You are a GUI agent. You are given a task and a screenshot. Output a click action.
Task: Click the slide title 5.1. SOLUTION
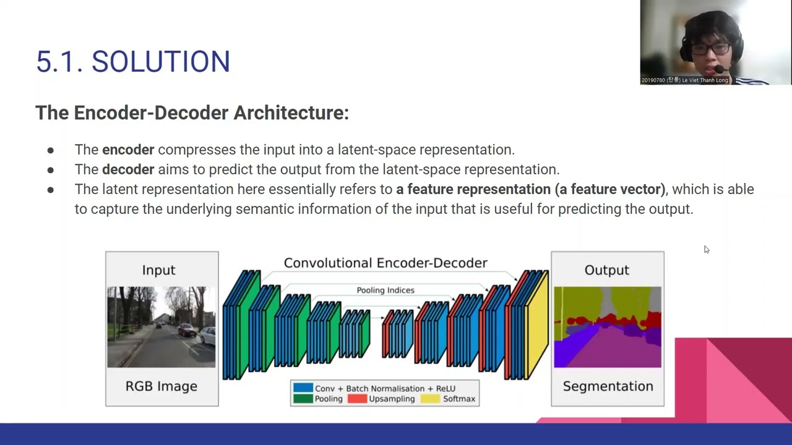133,62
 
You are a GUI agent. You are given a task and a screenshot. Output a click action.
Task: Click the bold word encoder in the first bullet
128,150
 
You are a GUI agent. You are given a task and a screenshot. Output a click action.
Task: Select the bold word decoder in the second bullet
128,169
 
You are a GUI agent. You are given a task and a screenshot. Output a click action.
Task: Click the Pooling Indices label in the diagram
385,290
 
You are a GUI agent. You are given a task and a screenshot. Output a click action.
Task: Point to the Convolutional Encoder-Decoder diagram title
385,263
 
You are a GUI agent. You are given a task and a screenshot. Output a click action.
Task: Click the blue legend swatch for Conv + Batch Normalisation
303,388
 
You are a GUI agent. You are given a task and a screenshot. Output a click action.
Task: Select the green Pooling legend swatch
303,399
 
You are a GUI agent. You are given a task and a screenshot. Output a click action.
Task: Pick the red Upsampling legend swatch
357,399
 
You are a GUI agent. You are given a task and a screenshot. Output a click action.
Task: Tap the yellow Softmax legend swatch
430,399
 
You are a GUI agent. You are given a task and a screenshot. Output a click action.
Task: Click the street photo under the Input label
161,327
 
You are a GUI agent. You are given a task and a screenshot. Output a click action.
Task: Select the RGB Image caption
161,386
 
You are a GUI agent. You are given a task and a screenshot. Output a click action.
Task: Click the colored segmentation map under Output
607,327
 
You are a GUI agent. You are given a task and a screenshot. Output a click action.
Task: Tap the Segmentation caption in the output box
608,386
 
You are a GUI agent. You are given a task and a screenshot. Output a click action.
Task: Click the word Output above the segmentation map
606,270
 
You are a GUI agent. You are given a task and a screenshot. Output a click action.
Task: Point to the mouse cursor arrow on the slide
706,249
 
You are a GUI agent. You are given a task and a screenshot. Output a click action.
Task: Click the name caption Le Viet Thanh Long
705,80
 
